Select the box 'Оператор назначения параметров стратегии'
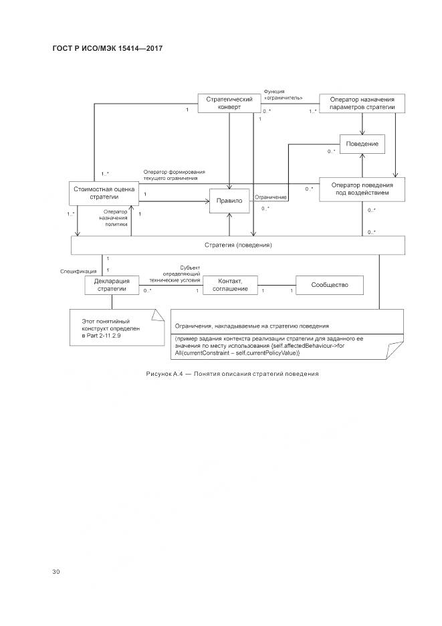[x=362, y=103]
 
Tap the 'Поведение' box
[x=362, y=144]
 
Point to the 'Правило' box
[x=229, y=201]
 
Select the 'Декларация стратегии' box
[x=112, y=285]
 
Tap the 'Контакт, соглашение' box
[x=229, y=285]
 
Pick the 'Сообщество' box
[x=330, y=286]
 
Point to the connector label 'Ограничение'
[x=271, y=197]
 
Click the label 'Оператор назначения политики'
[x=101, y=218]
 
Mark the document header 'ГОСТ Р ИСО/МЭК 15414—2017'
[x=107, y=49]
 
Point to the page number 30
[x=56, y=571]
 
